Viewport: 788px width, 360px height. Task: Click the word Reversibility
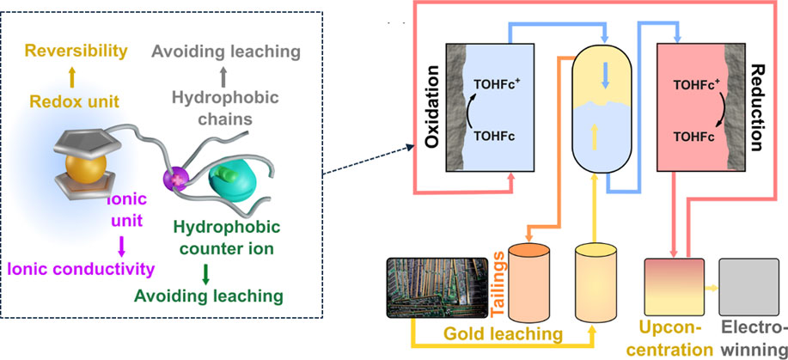(x=75, y=51)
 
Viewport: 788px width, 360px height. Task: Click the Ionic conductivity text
(x=81, y=269)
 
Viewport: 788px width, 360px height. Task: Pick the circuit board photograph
(x=437, y=288)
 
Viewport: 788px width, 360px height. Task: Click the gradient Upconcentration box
(x=675, y=288)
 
